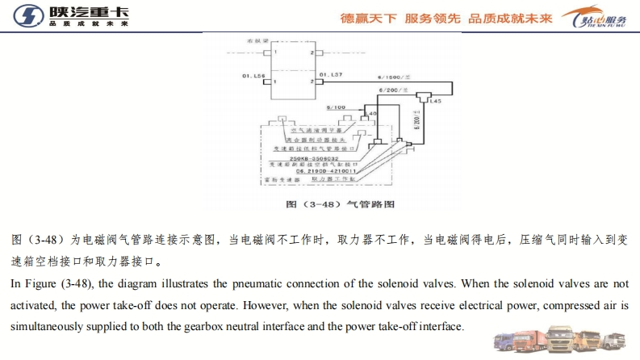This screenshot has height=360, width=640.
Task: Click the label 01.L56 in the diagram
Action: (253, 75)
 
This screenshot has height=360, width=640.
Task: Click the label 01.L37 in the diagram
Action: (331, 75)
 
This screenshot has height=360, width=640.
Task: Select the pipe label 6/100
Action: (336, 107)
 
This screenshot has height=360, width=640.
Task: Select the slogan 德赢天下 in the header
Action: (368, 16)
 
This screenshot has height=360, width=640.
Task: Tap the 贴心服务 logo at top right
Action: (597, 17)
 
